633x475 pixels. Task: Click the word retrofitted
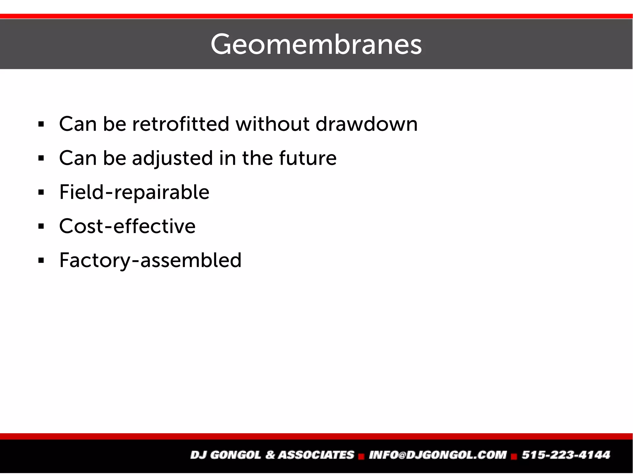click(181, 124)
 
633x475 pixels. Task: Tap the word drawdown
click(367, 124)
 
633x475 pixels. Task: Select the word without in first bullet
click(272, 124)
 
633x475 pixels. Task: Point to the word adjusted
click(172, 158)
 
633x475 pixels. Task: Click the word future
click(308, 158)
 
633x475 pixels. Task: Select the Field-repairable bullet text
click(134, 192)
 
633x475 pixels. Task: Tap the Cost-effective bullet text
click(127, 226)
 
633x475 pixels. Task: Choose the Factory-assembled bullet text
click(150, 260)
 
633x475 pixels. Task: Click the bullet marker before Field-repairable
click(41, 192)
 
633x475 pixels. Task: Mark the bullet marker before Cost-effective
click(41, 227)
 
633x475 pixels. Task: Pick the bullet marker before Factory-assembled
click(41, 261)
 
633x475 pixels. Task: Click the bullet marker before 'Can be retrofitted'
click(41, 124)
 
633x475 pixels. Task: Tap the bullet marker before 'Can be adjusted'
click(41, 158)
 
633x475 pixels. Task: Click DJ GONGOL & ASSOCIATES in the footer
click(272, 455)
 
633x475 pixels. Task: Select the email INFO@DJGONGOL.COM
click(438, 455)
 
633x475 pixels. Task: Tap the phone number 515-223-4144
click(566, 455)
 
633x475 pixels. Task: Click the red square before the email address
click(361, 456)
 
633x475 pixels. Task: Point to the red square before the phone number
click(514, 456)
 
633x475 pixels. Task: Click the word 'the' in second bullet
click(257, 158)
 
